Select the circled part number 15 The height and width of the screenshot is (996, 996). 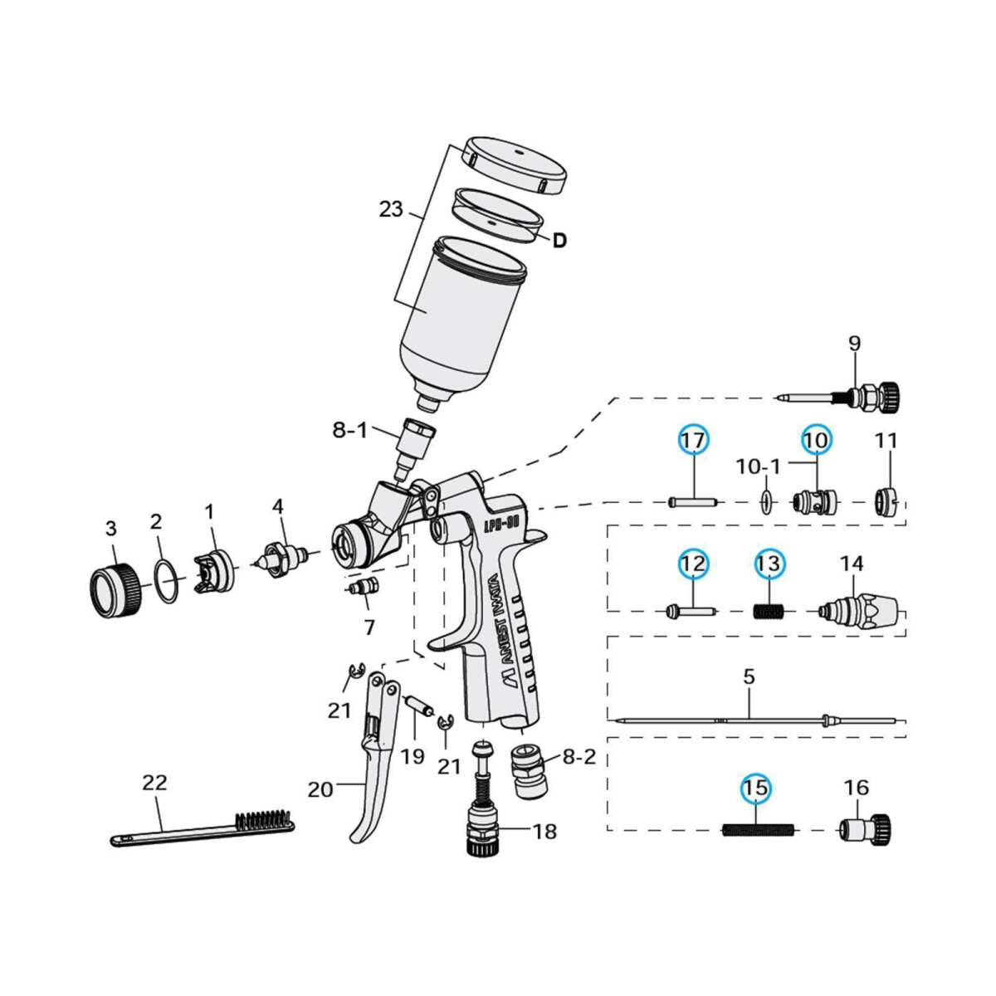click(x=756, y=788)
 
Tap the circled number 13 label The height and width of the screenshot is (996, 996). click(x=769, y=564)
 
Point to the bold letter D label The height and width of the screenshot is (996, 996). click(x=559, y=241)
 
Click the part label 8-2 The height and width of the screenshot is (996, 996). click(x=579, y=757)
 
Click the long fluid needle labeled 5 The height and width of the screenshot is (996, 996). click(x=747, y=720)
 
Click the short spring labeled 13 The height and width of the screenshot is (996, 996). click(x=769, y=612)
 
